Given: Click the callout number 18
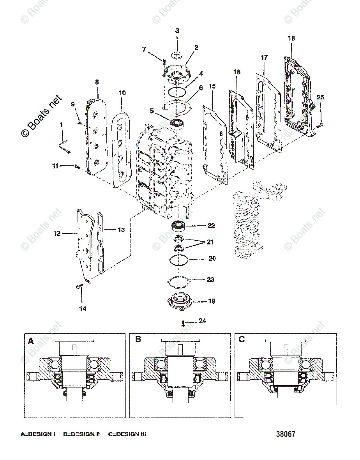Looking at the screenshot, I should tap(291, 38).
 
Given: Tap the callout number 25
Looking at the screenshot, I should tap(320, 97).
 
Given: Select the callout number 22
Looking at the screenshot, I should tap(211, 226).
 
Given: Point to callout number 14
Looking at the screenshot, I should tap(82, 309).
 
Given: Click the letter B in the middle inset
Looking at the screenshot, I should tap(138, 340).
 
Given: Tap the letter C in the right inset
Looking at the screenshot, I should tap(242, 340).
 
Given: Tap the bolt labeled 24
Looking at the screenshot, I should tap(182, 322).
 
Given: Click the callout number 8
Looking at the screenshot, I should tap(97, 82).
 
